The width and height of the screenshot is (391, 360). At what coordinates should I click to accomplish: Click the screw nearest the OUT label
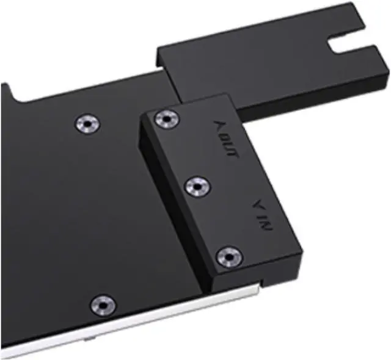(x=165, y=118)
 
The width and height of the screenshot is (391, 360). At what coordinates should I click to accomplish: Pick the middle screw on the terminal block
(x=197, y=184)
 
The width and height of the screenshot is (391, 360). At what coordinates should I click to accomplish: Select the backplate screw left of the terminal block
(x=87, y=123)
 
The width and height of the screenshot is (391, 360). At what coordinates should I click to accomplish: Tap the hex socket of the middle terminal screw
(x=197, y=184)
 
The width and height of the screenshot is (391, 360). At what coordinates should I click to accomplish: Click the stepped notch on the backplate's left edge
(x=9, y=92)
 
